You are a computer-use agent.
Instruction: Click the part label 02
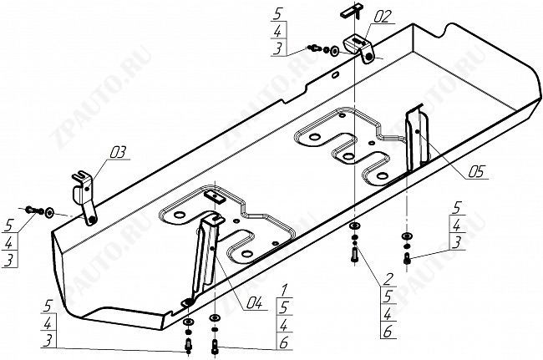click(360, 15)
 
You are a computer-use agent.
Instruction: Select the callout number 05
click(477, 174)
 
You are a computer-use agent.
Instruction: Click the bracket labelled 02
click(361, 46)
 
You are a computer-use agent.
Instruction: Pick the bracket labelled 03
click(86, 196)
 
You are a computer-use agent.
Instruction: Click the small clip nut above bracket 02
click(348, 10)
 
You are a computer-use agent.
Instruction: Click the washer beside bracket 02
click(334, 49)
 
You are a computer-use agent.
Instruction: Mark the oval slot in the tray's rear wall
click(334, 76)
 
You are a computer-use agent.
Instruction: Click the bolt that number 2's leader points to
click(354, 253)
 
